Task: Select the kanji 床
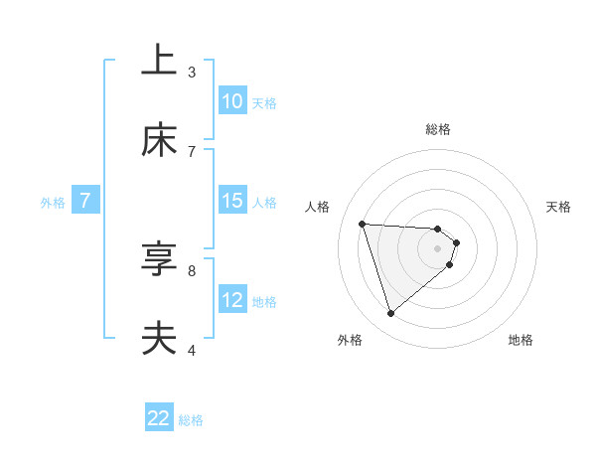[x=159, y=140]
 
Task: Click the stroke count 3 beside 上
[x=192, y=72]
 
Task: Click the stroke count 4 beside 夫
[x=192, y=350]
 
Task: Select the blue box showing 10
[x=231, y=101]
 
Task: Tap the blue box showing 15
[x=231, y=201]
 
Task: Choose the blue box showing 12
[x=231, y=300]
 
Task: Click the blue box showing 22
[x=159, y=418]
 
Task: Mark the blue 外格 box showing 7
[x=85, y=201]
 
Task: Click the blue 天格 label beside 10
[x=263, y=102]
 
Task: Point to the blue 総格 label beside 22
[x=191, y=419]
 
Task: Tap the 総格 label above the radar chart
[x=437, y=129]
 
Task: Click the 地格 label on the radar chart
[x=521, y=340]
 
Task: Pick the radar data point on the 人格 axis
[x=362, y=224]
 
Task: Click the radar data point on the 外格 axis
[x=390, y=314]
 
